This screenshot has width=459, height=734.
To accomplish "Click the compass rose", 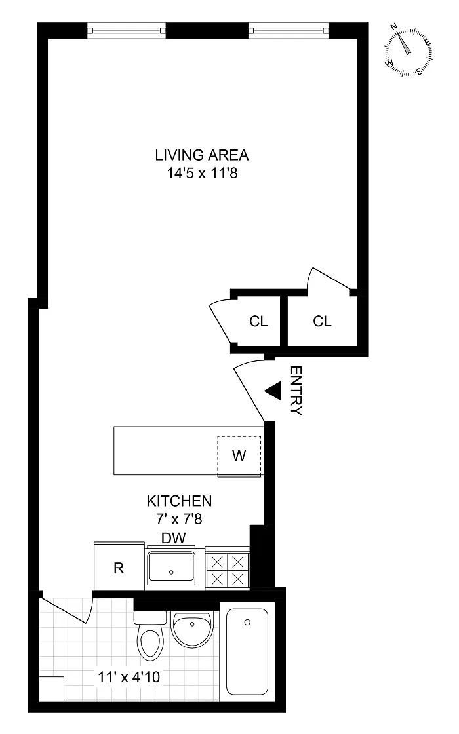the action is pyautogui.click(x=408, y=52).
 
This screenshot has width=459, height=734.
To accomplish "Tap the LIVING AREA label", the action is pyautogui.click(x=202, y=155).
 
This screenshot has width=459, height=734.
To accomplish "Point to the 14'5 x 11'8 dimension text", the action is pyautogui.click(x=203, y=174).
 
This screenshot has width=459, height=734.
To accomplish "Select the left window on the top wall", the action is pyautogui.click(x=127, y=31).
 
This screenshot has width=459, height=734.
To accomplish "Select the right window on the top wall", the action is pyautogui.click(x=289, y=31).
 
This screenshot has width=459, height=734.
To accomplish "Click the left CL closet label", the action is pyautogui.click(x=258, y=321).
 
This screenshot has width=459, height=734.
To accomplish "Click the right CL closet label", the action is pyautogui.click(x=322, y=321).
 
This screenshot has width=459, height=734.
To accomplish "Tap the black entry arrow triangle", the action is pyautogui.click(x=273, y=391).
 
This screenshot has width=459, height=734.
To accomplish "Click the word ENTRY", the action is pyautogui.click(x=296, y=391).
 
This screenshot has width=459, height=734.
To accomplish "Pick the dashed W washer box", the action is pyautogui.click(x=239, y=456).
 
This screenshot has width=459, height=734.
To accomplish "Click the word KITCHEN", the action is pyautogui.click(x=180, y=501).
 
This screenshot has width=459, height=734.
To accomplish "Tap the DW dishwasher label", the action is pyautogui.click(x=173, y=538).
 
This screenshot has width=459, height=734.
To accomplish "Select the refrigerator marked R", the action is pyautogui.click(x=119, y=568).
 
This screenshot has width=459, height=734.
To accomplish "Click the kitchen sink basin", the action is pyautogui.click(x=171, y=568).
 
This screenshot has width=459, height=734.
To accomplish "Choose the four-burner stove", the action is pyautogui.click(x=228, y=569).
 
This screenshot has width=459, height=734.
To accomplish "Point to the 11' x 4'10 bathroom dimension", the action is pyautogui.click(x=129, y=677).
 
